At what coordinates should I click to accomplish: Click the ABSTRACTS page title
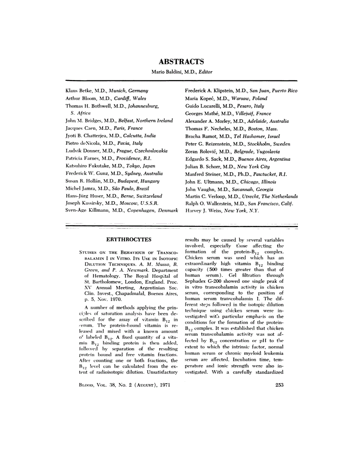181,62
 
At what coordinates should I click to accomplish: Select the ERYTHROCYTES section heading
129,239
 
